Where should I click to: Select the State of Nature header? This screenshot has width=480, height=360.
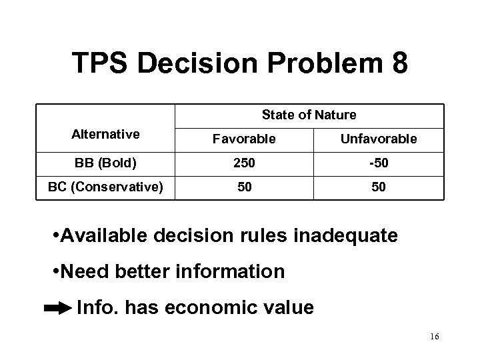(309, 115)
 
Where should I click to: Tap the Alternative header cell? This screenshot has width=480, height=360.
(105, 134)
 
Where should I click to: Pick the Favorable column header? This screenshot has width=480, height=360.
(244, 139)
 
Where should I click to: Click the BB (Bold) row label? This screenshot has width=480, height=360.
(105, 163)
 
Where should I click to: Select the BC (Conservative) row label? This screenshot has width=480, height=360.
(105, 187)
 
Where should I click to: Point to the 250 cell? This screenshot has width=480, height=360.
(244, 163)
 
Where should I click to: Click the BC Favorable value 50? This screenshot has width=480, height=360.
(244, 187)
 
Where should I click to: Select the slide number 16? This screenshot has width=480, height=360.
(434, 337)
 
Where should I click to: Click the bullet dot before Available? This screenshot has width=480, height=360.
(55, 237)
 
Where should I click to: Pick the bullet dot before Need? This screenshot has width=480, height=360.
(55, 273)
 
